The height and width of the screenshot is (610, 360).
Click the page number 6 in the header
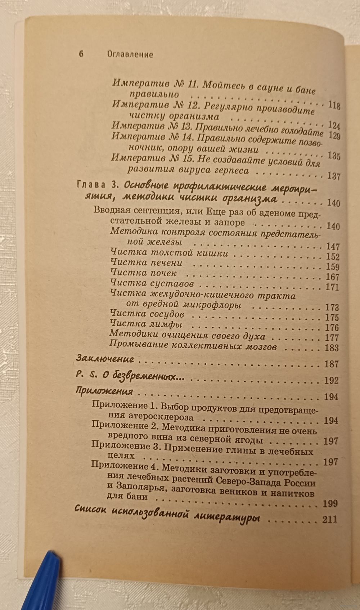81,54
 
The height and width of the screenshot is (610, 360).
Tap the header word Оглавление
130,54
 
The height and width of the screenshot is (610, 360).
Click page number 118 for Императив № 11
334,106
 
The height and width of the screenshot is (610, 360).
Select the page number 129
334,135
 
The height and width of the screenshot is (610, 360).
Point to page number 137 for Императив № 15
334,176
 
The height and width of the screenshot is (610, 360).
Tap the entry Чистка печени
147,263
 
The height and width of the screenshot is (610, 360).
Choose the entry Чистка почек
144,273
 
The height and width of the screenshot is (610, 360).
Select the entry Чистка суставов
152,283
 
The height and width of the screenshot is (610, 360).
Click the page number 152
332,257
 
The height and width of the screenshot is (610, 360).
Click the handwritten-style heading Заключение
105,359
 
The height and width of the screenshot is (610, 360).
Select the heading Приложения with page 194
105,391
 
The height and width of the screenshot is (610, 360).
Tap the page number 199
330,503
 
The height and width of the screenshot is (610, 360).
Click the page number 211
330,520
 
